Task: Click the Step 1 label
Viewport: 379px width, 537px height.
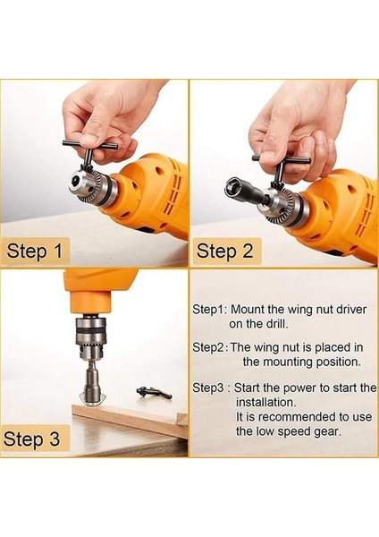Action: tap(35, 251)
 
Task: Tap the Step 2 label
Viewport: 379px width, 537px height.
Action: tap(224, 251)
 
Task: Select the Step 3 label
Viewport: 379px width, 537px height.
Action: tap(31, 439)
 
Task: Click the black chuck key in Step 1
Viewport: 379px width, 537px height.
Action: tap(89, 152)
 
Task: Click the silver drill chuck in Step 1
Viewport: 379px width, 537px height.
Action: tap(92, 185)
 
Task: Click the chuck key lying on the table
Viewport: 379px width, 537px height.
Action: tap(154, 392)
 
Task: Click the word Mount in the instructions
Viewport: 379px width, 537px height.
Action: tap(248, 310)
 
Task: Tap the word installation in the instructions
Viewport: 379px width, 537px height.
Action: tap(265, 402)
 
